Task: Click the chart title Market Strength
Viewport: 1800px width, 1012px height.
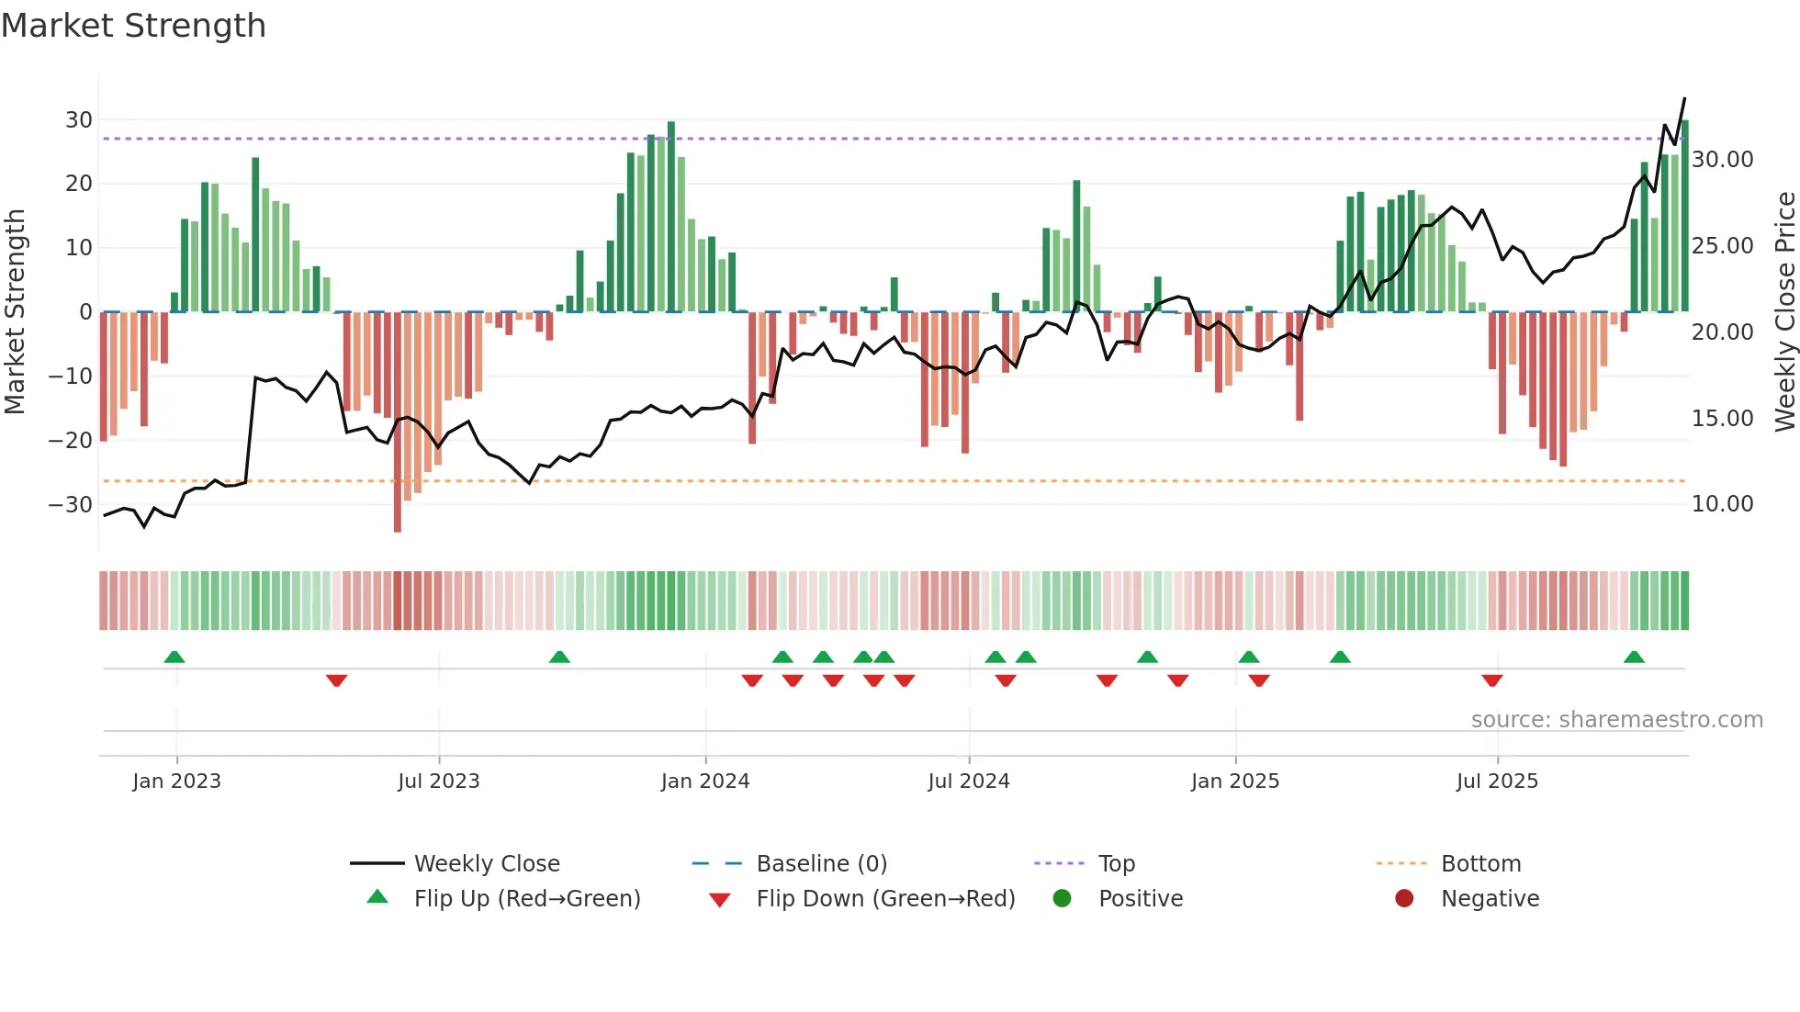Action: tap(133, 26)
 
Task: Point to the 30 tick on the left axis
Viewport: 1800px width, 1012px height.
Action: tap(79, 120)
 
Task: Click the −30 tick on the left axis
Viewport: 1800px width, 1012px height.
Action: tap(72, 505)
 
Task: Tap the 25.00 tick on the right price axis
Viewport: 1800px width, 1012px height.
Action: tap(1722, 246)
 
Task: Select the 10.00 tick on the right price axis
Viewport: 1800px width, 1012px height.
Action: tap(1722, 504)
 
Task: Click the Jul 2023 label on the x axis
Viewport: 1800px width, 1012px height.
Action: tap(438, 781)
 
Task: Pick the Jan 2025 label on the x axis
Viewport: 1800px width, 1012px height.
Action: tap(1234, 781)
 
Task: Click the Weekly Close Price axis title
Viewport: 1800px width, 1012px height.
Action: tap(1784, 312)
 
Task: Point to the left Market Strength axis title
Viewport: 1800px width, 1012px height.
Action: tap(15, 312)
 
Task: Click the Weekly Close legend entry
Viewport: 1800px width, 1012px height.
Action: tap(486, 864)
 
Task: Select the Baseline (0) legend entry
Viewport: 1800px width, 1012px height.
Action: tap(821, 864)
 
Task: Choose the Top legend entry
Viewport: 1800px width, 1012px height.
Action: tap(1116, 864)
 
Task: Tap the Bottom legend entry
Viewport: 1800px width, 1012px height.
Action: tap(1480, 864)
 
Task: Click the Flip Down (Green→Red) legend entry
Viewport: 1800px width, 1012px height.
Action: tap(884, 899)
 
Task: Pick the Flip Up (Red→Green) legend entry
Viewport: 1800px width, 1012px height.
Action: tap(526, 899)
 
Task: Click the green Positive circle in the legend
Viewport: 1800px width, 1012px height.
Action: tap(1062, 899)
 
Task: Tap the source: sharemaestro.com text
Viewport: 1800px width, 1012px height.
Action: tap(1616, 720)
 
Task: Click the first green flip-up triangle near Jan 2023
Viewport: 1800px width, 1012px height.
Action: tap(174, 657)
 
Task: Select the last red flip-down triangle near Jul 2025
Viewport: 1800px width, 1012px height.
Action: tap(1491, 680)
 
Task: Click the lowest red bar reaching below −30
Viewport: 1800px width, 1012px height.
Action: tap(397, 514)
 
